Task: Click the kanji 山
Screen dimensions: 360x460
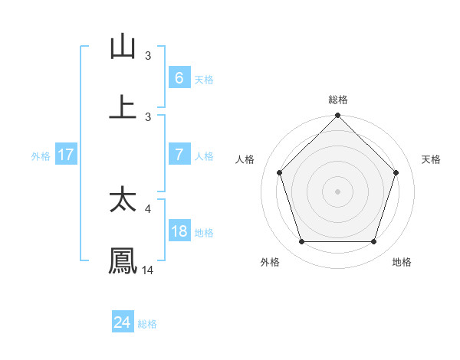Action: coord(123,47)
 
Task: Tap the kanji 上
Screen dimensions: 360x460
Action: coord(123,106)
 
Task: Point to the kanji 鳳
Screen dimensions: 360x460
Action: coord(123,260)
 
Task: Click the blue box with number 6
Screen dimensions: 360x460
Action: coord(179,77)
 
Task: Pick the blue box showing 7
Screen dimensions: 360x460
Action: coord(179,154)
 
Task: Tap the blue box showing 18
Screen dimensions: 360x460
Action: coord(179,231)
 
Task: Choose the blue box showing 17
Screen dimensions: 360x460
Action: coord(65,155)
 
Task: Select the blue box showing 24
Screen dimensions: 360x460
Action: coord(122,322)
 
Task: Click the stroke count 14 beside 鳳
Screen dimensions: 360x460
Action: coord(148,270)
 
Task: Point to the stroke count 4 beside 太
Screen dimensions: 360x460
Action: coord(149,208)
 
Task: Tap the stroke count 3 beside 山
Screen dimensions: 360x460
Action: coord(148,56)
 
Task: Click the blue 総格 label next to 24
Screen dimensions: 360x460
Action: coord(147,324)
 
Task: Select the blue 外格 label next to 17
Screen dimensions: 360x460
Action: coord(41,155)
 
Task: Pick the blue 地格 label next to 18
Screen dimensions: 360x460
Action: coord(204,232)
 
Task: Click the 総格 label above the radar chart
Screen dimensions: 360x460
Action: coord(338,100)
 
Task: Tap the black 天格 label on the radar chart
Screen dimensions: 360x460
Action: coord(431,159)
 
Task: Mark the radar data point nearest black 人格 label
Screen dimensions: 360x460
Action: coord(280,172)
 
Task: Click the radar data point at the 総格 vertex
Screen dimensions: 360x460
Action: coord(338,116)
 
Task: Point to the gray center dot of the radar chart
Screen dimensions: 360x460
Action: coord(338,191)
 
